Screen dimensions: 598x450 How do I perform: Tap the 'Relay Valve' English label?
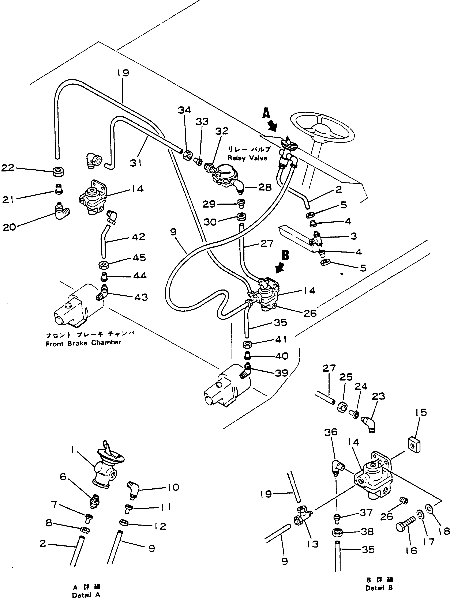pos(247,158)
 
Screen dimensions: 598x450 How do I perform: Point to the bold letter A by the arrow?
pos(266,114)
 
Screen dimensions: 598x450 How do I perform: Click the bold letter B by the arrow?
pos(286,255)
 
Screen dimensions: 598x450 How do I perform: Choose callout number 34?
pos(184,110)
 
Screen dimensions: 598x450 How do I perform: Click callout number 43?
pos(141,297)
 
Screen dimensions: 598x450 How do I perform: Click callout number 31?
pos(136,163)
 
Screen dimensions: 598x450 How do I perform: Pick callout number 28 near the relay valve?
pos(265,187)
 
